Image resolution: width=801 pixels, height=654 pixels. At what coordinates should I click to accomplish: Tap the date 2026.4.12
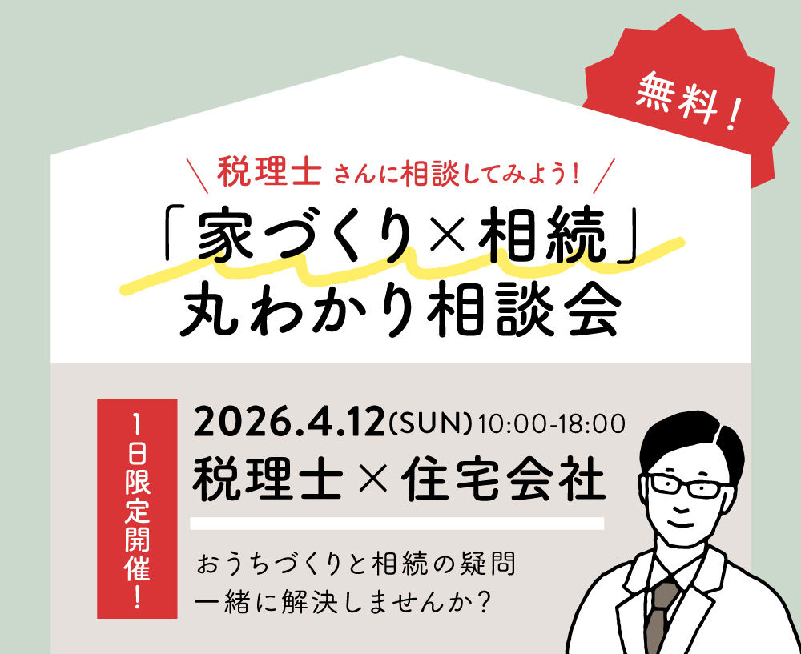[x=288, y=422]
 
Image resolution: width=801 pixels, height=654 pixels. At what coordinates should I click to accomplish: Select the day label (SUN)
[x=429, y=423]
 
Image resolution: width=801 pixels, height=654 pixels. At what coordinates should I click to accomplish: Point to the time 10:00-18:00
[x=552, y=424]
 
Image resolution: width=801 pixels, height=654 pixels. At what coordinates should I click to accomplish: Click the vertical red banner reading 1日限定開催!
[x=138, y=508]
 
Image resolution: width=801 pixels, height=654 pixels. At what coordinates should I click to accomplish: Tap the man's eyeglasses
[x=686, y=486]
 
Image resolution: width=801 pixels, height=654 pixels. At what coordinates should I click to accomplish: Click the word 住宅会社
[x=502, y=480]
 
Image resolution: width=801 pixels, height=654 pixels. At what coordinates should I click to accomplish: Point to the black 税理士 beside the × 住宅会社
[x=268, y=480]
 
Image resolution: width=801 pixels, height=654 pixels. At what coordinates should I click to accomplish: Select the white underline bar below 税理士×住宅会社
[x=397, y=524]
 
